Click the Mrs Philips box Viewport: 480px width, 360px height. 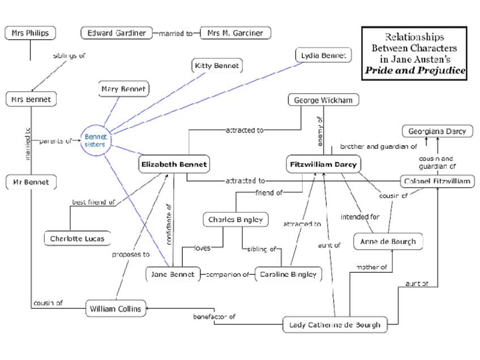(30, 33)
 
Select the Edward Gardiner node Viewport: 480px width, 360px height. (116, 33)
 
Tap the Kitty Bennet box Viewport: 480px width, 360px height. (217, 66)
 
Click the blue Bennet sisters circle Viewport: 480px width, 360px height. (95, 140)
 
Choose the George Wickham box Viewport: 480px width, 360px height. (323, 100)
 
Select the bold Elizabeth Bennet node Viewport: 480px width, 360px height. (174, 165)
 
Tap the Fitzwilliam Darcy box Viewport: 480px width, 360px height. (323, 165)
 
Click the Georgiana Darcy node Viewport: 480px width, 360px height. (437, 131)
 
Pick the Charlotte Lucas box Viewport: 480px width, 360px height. (77, 238)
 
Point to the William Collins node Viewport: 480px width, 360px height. (115, 309)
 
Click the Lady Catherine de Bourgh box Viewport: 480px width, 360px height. (335, 325)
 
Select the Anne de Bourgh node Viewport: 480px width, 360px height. (388, 242)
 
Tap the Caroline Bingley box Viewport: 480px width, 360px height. (288, 275)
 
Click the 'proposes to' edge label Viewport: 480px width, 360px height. (130, 255)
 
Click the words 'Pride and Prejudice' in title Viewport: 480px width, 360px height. (415, 71)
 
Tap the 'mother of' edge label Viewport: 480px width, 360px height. (371, 267)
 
